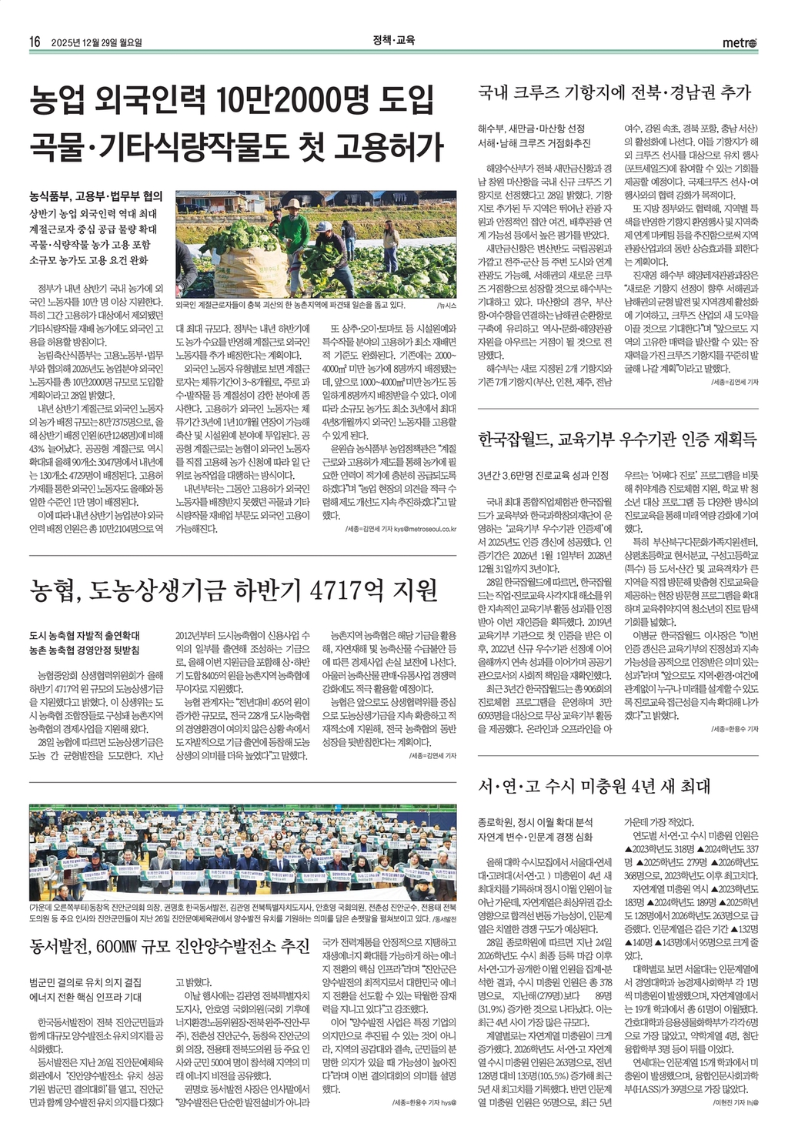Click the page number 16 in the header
pyautogui.click(x=35, y=42)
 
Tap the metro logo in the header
pyautogui.click(x=740, y=42)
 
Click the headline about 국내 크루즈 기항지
pyautogui.click(x=614, y=92)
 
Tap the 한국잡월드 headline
pyautogui.click(x=617, y=440)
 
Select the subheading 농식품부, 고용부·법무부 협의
pyautogui.click(x=95, y=196)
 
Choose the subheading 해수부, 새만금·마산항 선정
pyautogui.click(x=531, y=128)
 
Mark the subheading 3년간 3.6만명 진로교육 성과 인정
pyautogui.click(x=543, y=475)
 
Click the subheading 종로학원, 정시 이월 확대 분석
pyautogui.click(x=535, y=822)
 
